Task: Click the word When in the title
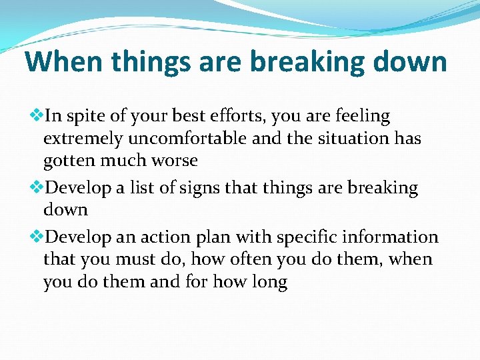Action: (x=64, y=62)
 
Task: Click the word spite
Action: (x=87, y=117)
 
